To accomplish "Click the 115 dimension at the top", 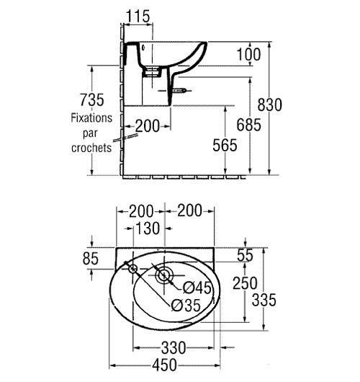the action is click(138, 17).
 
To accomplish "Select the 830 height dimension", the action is click(270, 105).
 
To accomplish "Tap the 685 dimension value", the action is click(249, 125).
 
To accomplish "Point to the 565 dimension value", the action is click(225, 145).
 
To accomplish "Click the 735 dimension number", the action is click(92, 100).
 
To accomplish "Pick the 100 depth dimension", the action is click(248, 54).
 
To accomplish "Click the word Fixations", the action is click(91, 118).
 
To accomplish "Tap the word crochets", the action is click(91, 148).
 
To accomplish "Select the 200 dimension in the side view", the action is click(148, 126).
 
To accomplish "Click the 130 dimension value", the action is click(148, 228).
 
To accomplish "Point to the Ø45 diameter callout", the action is click(197, 288).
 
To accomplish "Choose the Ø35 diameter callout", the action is click(186, 306).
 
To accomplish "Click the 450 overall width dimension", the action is click(164, 365).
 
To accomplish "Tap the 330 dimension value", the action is click(174, 347).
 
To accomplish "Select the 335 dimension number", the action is click(264, 300).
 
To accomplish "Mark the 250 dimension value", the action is click(245, 283).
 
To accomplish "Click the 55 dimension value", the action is click(245, 255).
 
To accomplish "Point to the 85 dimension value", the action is click(91, 259).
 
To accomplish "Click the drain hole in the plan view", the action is click(164, 276).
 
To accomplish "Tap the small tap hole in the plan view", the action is click(133, 269).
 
